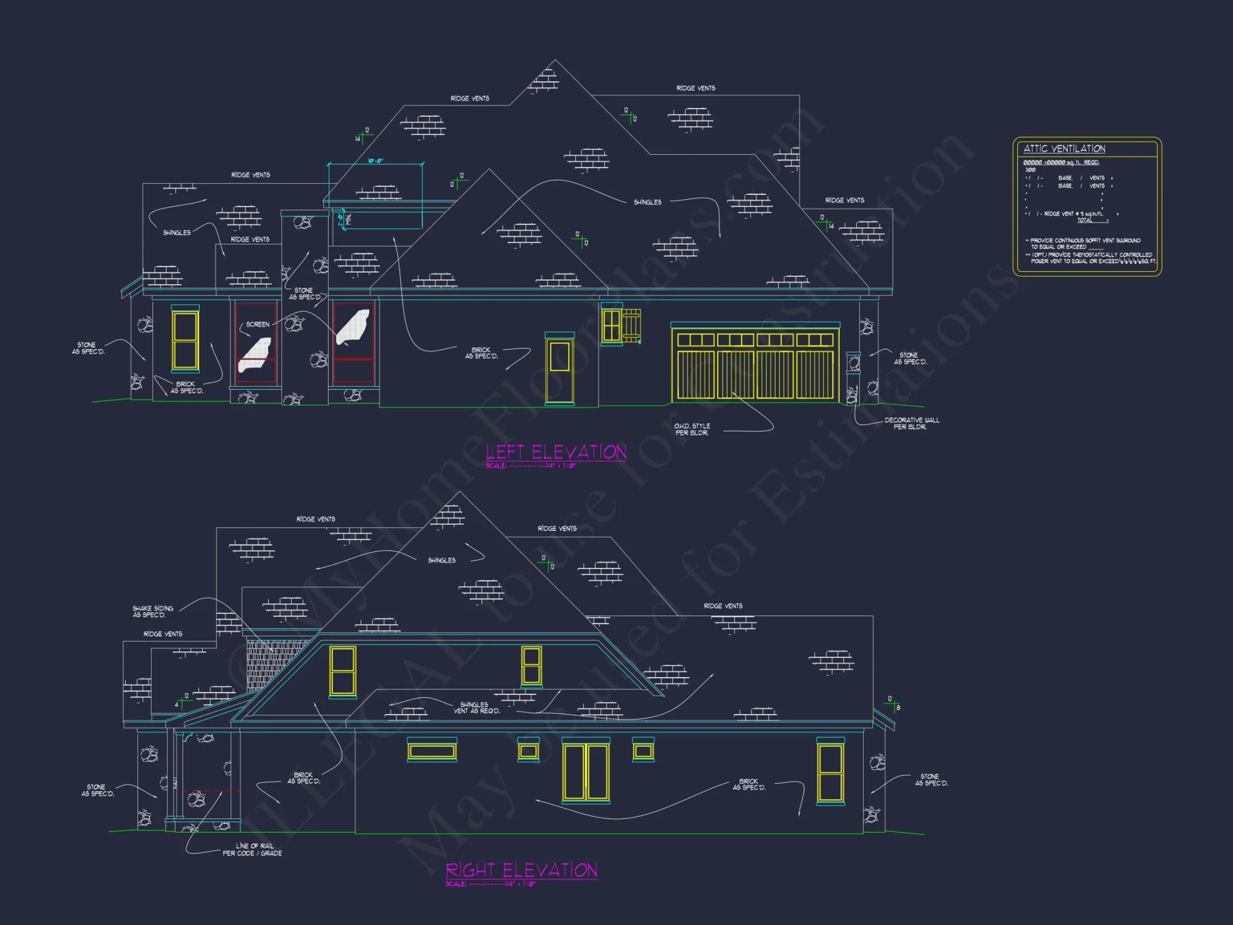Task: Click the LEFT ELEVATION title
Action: (555, 452)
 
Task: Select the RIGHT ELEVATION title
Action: (522, 870)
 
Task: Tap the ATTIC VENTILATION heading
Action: (1064, 149)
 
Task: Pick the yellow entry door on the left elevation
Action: (559, 369)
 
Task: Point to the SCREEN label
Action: (258, 324)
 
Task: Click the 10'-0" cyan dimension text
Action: (375, 161)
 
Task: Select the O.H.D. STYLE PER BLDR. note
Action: (692, 429)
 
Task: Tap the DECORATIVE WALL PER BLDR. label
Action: (911, 423)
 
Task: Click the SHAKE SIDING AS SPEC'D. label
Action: (153, 611)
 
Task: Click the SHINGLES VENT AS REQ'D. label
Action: (477, 708)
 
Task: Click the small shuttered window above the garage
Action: (612, 326)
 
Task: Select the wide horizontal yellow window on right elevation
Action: (432, 750)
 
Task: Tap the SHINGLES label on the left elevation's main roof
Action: (647, 202)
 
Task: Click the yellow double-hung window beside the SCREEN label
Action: (185, 340)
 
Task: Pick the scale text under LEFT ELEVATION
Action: (530, 466)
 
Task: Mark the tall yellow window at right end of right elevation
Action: (830, 773)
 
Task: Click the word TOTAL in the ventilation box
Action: (1084, 220)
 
